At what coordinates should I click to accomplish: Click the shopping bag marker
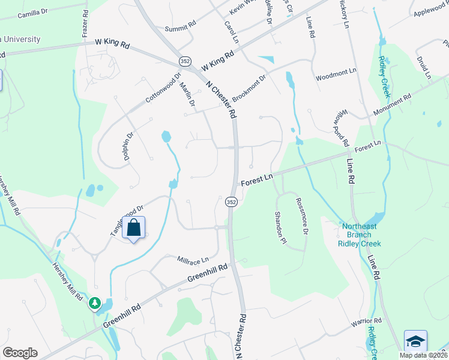pyautogui.click(x=135, y=228)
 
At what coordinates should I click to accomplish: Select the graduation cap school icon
pyautogui.click(x=415, y=341)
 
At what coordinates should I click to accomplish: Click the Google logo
pyautogui.click(x=20, y=353)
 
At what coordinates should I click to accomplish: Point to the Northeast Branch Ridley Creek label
pyautogui.click(x=361, y=235)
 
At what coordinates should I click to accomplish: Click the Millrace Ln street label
pyautogui.click(x=193, y=260)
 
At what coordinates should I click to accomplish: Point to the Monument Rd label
pyautogui.click(x=391, y=106)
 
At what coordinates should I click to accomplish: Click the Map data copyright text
pyautogui.click(x=423, y=355)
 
